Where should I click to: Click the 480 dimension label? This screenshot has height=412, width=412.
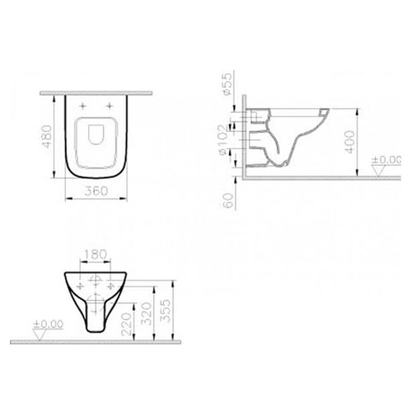pos(47,136)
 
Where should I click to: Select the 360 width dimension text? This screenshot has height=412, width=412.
pos(96,191)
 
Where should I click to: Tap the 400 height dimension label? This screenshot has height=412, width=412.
pos(349,142)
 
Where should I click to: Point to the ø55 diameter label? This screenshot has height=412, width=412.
pos(228,84)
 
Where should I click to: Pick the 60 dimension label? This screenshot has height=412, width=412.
pos(228,200)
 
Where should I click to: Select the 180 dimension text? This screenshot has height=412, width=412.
pos(95,255)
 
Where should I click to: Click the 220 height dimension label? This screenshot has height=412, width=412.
pos(126,325)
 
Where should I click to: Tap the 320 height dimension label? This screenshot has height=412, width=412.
pos(146,314)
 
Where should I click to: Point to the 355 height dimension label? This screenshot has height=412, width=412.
pos(166,311)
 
